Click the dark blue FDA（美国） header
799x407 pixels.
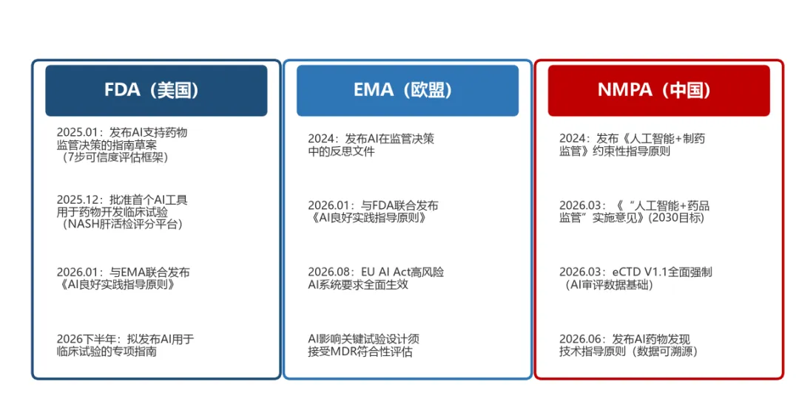click(156, 91)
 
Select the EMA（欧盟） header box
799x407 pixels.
click(408, 91)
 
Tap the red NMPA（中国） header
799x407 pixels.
click(659, 91)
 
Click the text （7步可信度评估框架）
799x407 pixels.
click(112, 157)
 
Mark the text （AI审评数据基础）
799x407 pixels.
click(607, 284)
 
